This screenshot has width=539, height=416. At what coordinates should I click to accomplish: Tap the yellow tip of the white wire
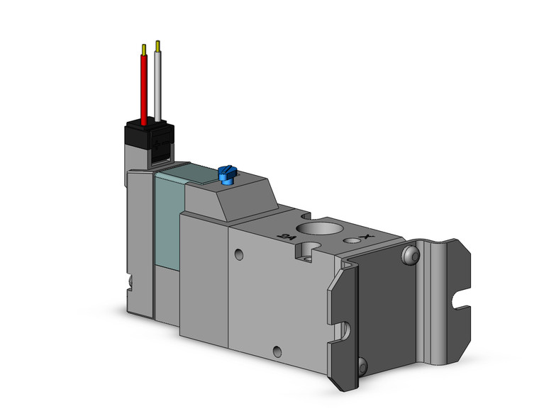157,46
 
